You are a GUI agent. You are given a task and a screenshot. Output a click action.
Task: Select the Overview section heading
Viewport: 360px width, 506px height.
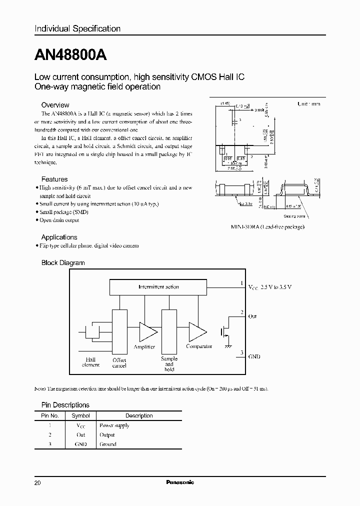(55, 105)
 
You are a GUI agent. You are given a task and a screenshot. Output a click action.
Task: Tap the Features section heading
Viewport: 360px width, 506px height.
(54, 179)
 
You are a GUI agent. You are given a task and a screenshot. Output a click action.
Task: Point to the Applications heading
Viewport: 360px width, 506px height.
(59, 237)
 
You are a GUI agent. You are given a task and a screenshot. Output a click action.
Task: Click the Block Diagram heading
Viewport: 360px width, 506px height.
(62, 262)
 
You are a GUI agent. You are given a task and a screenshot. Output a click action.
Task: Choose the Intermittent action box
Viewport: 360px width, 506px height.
(158, 287)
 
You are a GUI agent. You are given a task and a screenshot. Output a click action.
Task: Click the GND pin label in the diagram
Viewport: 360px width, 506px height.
(254, 357)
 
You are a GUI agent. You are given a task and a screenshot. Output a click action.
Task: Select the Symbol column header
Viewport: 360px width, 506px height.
(80, 415)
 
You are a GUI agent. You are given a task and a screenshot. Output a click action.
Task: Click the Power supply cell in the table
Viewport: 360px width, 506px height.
(114, 425)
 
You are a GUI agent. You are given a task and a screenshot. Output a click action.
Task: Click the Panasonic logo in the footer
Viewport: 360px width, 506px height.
(179, 482)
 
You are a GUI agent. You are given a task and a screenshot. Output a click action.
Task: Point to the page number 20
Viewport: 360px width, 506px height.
(38, 483)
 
